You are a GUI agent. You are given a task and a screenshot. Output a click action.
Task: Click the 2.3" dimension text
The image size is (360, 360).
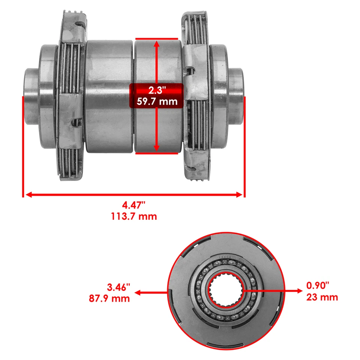coord(156,90)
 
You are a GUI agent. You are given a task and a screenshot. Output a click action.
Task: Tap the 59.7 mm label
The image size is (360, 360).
coord(156,101)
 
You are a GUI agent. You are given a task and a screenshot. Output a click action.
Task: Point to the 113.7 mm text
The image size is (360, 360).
coord(133,216)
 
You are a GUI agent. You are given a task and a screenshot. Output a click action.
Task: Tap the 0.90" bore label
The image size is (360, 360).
coord(318,286)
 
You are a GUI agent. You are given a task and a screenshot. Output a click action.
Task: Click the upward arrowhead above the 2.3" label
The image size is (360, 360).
coord(156,43)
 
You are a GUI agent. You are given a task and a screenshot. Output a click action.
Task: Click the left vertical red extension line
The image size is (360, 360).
coord(23,146)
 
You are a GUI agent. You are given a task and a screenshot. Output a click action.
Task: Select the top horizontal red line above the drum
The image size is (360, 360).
coord(156,38)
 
